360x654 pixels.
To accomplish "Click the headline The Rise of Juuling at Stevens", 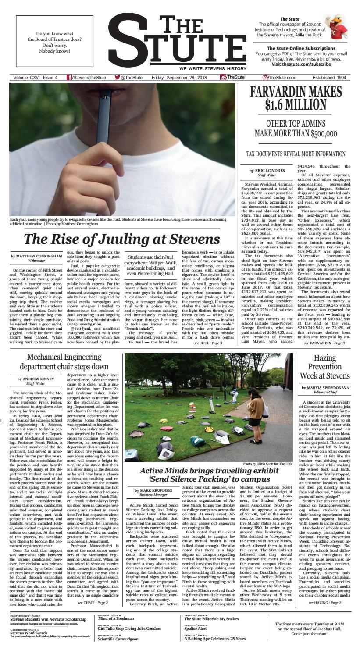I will coord(121,239).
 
